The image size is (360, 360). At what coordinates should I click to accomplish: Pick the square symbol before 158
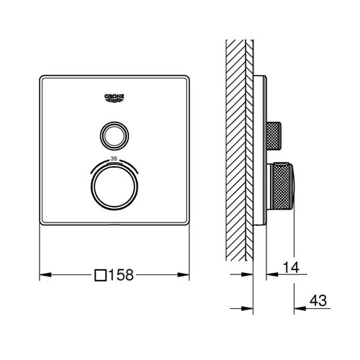[102, 275]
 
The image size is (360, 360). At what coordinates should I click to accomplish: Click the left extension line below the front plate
[38, 259]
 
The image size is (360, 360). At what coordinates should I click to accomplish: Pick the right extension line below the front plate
[189, 259]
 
